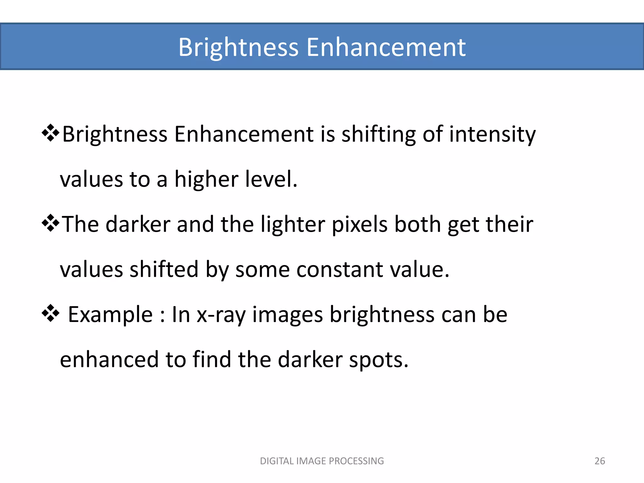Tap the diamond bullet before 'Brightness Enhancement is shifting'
(50, 133)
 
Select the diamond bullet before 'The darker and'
(50, 224)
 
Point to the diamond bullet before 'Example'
(50, 314)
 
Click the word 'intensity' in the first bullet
(492, 135)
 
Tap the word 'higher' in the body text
(206, 179)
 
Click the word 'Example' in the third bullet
(110, 315)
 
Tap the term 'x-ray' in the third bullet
(221, 315)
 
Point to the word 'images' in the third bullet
(287, 315)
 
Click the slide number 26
(600, 461)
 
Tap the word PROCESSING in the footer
(356, 461)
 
